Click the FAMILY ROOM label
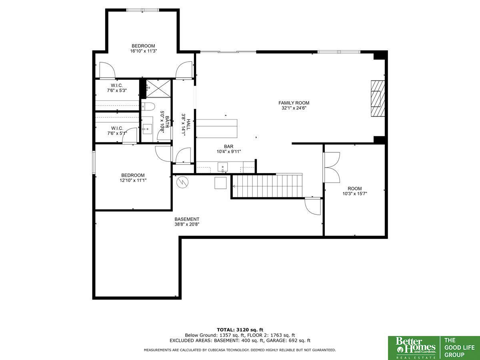coord(294,103)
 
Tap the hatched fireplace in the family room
coord(378,98)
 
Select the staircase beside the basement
coord(267,186)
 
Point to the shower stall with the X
coord(158,88)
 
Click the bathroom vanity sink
coord(147,129)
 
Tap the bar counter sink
coord(222,168)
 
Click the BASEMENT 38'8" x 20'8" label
coord(187,222)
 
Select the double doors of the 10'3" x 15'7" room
coord(332,168)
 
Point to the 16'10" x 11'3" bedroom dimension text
coord(144,51)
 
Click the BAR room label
coord(228,146)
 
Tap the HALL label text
coord(188,124)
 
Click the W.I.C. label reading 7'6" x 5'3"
coord(117,88)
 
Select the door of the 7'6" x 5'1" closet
coord(129,136)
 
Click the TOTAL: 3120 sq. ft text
coord(240,330)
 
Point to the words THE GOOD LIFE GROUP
coord(460,348)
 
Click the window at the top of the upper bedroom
coord(143,10)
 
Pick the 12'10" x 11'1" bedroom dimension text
coord(133,180)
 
